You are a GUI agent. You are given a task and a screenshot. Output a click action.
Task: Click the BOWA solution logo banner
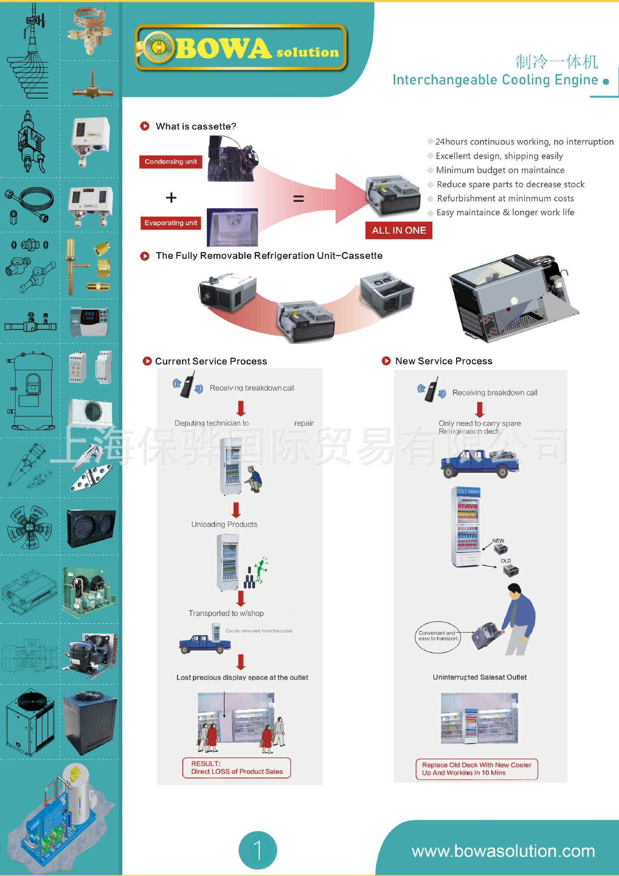click(241, 48)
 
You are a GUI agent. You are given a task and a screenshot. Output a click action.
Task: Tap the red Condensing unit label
click(171, 162)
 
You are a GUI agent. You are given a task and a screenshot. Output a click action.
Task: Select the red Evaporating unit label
click(171, 223)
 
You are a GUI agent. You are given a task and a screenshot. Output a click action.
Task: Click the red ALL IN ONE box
click(399, 230)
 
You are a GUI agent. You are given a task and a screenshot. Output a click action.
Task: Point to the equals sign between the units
click(298, 198)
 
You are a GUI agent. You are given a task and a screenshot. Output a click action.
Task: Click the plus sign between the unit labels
click(171, 198)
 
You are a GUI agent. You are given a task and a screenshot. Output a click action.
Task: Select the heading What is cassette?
click(195, 126)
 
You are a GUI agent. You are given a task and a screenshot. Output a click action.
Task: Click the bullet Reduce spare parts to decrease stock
click(510, 184)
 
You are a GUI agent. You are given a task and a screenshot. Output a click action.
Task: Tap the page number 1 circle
click(258, 850)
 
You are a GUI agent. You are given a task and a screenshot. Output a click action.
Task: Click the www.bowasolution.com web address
click(503, 851)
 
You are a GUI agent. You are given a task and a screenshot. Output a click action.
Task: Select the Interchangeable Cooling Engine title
click(495, 80)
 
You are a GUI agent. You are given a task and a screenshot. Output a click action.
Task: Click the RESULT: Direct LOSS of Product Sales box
click(237, 767)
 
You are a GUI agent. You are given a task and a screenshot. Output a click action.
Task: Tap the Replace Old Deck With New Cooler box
click(477, 769)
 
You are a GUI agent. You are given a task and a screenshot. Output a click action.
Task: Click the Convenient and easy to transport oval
click(438, 636)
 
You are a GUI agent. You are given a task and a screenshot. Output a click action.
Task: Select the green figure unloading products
click(261, 570)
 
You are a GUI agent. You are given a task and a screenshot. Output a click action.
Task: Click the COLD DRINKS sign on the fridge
click(468, 492)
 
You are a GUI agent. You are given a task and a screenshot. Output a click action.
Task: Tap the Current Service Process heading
click(211, 361)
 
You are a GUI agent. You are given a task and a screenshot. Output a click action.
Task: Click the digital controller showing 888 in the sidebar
click(89, 321)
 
